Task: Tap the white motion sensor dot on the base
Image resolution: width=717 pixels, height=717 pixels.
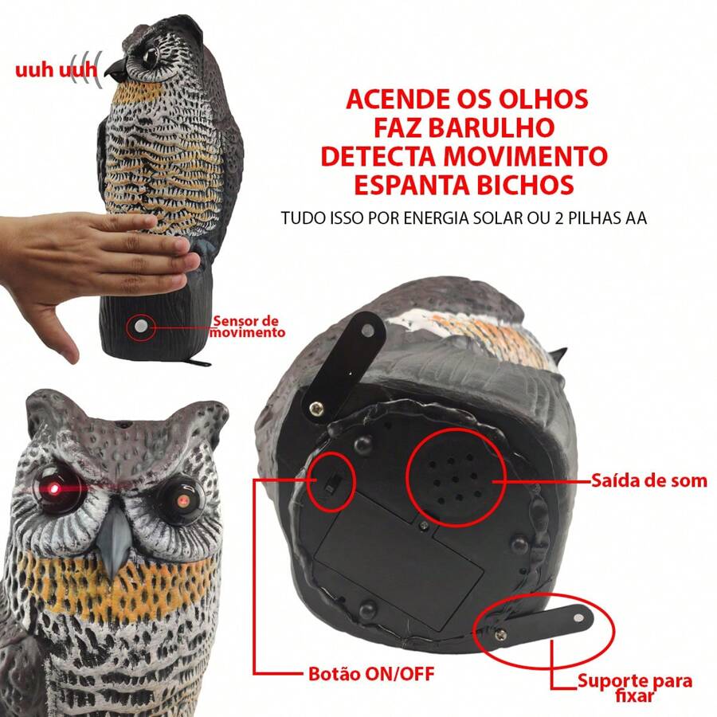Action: point(141,326)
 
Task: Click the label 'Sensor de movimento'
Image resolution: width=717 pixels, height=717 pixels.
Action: point(246,326)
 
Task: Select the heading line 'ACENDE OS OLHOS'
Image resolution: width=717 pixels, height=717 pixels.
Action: point(467,100)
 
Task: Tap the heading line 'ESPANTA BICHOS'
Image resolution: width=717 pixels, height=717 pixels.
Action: point(464,184)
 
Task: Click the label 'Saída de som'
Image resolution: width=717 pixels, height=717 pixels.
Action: point(648,480)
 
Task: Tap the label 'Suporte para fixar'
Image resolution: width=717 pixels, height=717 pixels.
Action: point(635,688)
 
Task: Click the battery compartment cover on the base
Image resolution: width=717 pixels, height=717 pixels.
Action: point(398,558)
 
